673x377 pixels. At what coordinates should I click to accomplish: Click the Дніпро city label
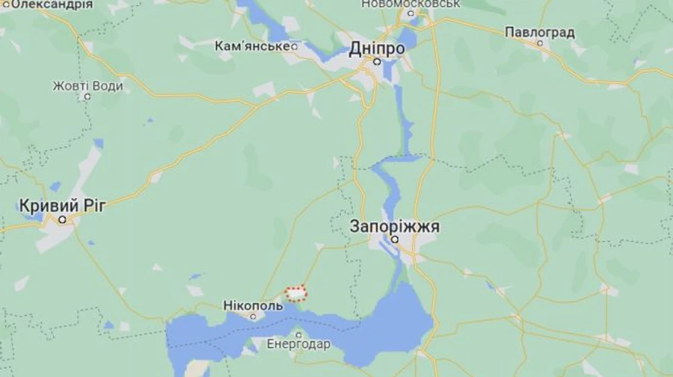[377, 49]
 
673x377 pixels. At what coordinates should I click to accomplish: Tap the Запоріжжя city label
[394, 226]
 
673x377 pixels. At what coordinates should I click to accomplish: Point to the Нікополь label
[253, 305]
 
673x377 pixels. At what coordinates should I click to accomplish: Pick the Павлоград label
[539, 32]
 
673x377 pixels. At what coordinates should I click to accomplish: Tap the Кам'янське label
[251, 46]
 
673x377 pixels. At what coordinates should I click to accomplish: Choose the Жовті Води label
[87, 86]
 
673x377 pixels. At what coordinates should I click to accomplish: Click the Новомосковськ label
[410, 4]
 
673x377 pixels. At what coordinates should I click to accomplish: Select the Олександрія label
[48, 4]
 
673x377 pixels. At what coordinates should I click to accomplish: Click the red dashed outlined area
[297, 293]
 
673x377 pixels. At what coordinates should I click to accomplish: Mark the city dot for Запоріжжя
[394, 240]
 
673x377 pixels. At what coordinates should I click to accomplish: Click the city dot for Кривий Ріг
[63, 219]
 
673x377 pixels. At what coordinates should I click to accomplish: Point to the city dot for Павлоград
[539, 43]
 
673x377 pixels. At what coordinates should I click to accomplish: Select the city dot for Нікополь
[253, 316]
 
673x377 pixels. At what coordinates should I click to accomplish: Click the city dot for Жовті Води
[87, 96]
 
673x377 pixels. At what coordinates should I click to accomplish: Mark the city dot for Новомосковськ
[410, 14]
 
